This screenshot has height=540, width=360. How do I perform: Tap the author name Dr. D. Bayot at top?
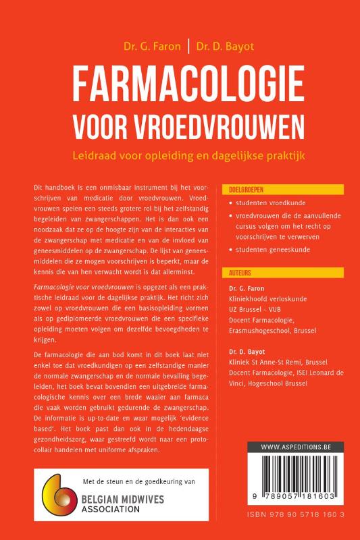pos(221,47)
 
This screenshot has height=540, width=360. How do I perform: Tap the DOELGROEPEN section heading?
pos(247,191)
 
